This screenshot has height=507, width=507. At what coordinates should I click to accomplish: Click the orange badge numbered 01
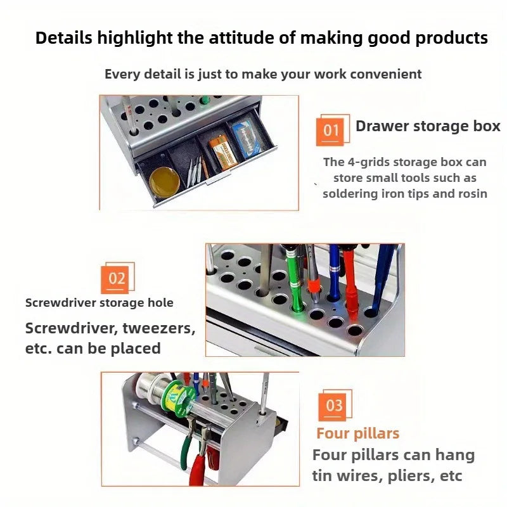[x=330, y=132]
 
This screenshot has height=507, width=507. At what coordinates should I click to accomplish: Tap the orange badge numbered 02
[x=115, y=279]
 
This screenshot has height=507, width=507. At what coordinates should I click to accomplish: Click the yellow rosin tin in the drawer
[x=164, y=183]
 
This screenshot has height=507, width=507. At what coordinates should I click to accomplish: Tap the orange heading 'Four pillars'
[x=358, y=433]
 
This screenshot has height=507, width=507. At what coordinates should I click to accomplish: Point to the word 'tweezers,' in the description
[x=159, y=328]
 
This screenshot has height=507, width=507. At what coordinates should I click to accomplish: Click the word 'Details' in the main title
[x=64, y=37]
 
